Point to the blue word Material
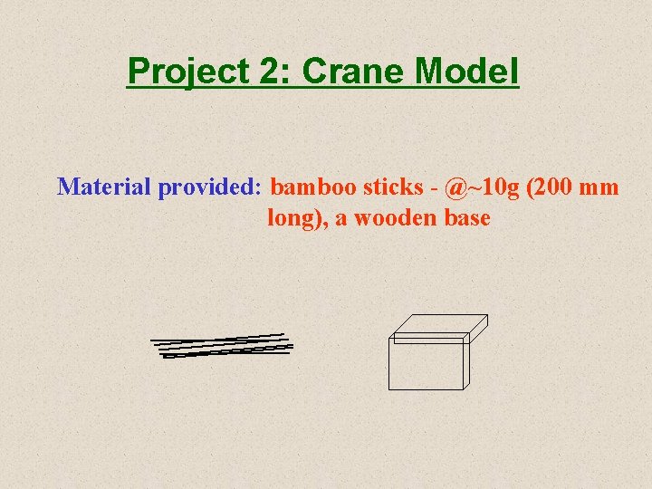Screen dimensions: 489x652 pyautogui.click(x=103, y=187)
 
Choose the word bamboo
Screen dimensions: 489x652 pyautogui.click(x=313, y=187)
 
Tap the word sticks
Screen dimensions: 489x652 pyautogui.click(x=393, y=187)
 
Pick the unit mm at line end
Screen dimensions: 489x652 pyautogui.click(x=601, y=187)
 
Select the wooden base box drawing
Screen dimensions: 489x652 pyautogui.click(x=435, y=353)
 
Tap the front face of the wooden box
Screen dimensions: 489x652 pyautogui.click(x=426, y=367)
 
